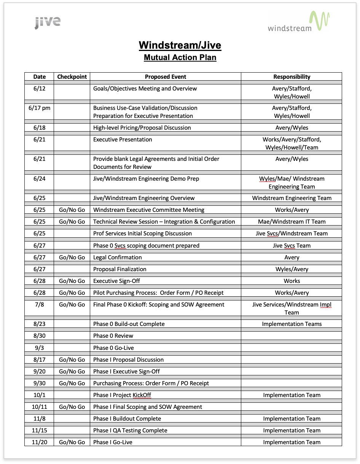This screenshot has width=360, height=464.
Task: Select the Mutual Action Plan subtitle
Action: click(180, 58)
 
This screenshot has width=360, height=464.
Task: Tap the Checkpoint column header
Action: click(72, 76)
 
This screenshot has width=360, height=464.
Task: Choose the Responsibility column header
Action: click(292, 76)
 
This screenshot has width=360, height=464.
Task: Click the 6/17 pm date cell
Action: click(39, 108)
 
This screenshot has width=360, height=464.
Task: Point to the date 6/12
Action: click(39, 89)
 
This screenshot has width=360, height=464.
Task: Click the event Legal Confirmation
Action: click(117, 257)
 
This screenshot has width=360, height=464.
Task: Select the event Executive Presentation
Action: click(123, 140)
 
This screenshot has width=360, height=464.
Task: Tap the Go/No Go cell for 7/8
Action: click(72, 305)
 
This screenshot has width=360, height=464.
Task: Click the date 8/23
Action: click(39, 324)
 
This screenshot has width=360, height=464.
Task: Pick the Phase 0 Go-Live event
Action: click(113, 348)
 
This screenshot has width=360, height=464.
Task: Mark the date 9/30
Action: click(39, 383)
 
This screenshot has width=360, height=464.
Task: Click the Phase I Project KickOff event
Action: click(122, 395)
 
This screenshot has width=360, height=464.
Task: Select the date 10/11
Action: click(39, 407)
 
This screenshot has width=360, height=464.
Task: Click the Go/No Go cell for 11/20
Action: click(72, 442)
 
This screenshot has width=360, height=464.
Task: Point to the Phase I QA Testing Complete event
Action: click(130, 431)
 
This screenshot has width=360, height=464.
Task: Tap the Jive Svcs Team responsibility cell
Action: click(292, 246)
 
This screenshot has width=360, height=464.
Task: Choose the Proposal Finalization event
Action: click(119, 269)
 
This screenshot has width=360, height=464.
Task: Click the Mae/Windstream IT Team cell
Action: click(292, 222)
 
